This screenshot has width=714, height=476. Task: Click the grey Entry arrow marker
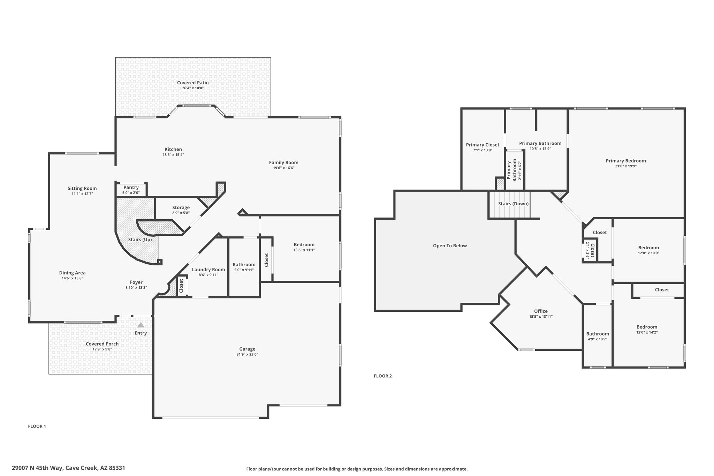(140, 325)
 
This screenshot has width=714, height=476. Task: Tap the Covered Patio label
(193, 83)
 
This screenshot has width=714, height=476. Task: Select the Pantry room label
(131, 188)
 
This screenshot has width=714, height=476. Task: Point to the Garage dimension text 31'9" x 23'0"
(247, 354)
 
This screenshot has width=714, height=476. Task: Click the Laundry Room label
(208, 270)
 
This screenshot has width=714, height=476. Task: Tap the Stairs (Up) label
(140, 240)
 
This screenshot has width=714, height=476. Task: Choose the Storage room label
(181, 207)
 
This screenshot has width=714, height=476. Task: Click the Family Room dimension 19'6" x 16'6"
(284, 168)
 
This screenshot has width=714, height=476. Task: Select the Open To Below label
(450, 246)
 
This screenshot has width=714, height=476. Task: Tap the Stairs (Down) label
(513, 204)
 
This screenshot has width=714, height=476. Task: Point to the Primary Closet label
(483, 145)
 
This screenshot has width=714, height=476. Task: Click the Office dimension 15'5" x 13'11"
(541, 317)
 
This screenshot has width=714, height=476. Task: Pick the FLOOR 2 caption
(383, 376)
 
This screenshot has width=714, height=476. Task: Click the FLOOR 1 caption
(37, 426)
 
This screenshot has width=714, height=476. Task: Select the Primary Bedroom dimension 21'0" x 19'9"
(626, 166)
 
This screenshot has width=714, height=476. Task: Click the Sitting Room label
(82, 188)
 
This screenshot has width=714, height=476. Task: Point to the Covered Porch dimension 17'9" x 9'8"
(102, 349)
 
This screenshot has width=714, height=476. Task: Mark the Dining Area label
(72, 273)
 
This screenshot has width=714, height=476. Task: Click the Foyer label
(136, 282)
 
